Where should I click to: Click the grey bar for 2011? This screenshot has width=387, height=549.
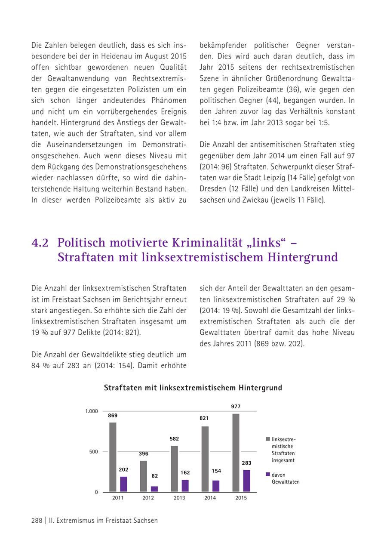point(113,457)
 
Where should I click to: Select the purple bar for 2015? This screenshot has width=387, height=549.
point(246,481)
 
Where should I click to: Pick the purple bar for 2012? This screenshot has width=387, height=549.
point(154,489)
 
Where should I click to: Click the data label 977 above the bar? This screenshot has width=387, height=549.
point(236,407)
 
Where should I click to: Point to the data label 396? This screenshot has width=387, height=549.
point(144,454)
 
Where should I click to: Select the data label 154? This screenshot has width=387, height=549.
point(216,471)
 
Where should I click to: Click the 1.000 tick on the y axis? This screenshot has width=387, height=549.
point(91,412)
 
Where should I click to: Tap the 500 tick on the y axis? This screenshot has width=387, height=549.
point(93,452)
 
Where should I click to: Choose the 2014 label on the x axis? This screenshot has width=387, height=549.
point(210,498)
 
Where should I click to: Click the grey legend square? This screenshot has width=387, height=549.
point(267,439)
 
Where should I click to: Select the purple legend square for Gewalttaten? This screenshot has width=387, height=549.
point(267,474)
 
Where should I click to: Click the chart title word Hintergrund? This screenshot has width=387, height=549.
point(261,388)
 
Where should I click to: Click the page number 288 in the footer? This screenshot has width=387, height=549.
point(37,521)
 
